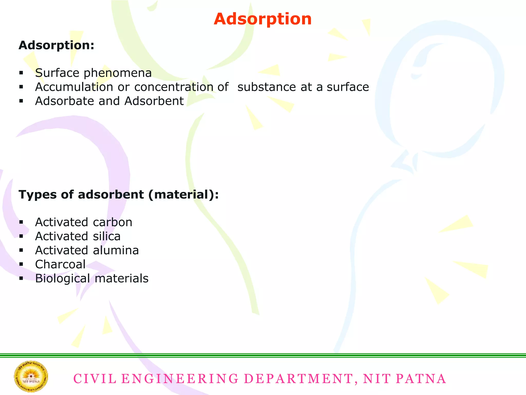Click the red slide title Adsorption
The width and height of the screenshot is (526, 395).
pyautogui.click(x=262, y=19)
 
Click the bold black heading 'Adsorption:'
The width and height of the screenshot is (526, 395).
pyautogui.click(x=57, y=45)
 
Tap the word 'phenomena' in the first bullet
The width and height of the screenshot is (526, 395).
pyautogui.click(x=118, y=73)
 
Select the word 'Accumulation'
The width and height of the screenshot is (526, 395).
pyautogui.click(x=74, y=87)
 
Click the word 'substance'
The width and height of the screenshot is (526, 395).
pyautogui.click(x=267, y=87)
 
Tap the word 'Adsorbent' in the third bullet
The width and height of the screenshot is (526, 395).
pyautogui.click(x=154, y=101)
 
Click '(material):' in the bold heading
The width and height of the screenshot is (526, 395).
pyautogui.click(x=183, y=195)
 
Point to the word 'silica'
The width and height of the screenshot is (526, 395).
pyautogui.click(x=107, y=236)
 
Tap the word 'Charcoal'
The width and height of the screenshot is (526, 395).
pyautogui.click(x=60, y=264)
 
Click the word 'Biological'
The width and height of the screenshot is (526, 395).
pyautogui.click(x=62, y=279)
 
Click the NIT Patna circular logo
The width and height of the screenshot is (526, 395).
pyautogui.click(x=31, y=376)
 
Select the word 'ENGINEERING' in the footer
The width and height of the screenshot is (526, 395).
pyautogui.click(x=180, y=379)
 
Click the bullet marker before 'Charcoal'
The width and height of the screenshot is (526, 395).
pyautogui.click(x=21, y=264)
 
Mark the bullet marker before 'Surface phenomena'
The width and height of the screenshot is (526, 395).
pyautogui.click(x=21, y=73)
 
